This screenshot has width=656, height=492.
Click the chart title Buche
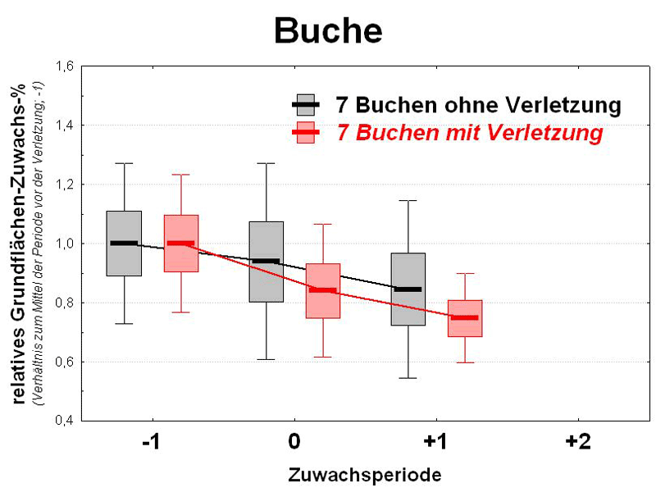[x=327, y=31]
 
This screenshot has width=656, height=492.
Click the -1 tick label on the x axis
[x=150, y=442]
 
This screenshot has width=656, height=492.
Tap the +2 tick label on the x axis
[x=577, y=442]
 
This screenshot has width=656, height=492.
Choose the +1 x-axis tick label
[x=435, y=442]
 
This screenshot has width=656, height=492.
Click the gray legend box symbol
[x=306, y=105]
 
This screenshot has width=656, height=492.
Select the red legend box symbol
[x=306, y=131]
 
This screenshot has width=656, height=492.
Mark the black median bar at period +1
[x=408, y=289]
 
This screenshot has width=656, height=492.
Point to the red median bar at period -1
[x=180, y=243]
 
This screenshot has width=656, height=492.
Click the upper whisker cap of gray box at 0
[x=266, y=163]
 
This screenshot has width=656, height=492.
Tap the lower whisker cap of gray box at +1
[x=408, y=378]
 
